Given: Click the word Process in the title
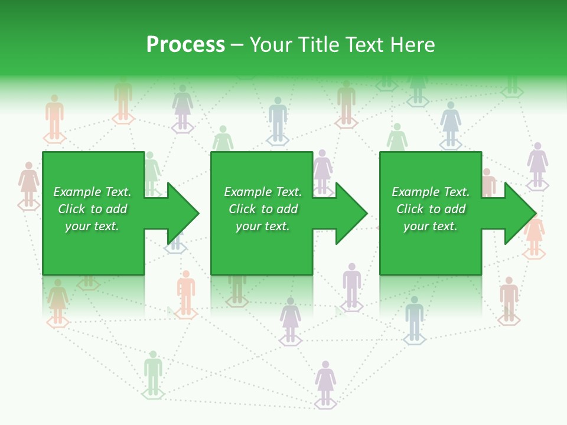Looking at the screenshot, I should [185, 45].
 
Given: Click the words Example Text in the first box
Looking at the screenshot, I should [92, 192].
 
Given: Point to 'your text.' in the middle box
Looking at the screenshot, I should [262, 226].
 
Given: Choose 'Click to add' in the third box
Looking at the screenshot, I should [431, 209].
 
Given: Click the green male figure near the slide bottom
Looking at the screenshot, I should [153, 372].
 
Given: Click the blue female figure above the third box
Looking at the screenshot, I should [451, 123].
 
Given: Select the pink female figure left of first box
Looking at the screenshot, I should [28, 184].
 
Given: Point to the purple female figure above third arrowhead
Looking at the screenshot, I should [537, 164].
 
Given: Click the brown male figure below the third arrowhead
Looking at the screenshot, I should [509, 299].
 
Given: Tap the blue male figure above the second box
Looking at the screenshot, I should [277, 119].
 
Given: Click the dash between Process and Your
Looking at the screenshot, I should [237, 45].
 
